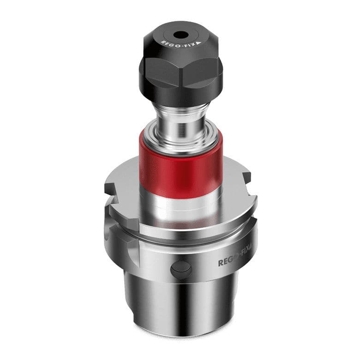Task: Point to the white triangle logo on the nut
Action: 198,43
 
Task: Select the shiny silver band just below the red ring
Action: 181,205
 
